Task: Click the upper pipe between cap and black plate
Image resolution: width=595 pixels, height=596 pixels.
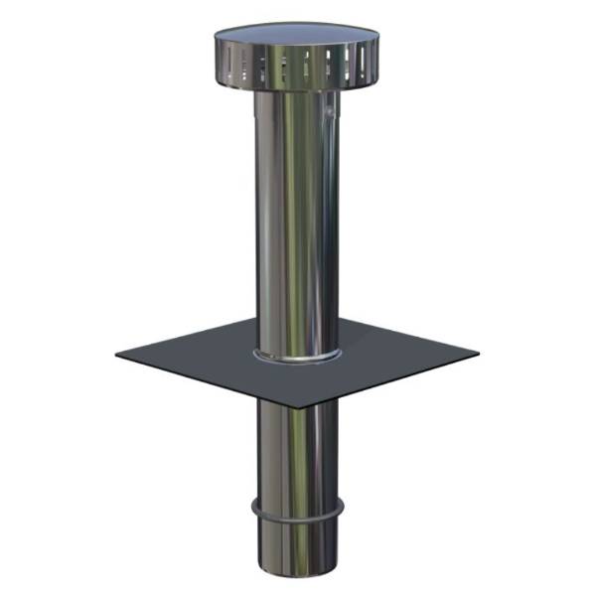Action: pos(297,219)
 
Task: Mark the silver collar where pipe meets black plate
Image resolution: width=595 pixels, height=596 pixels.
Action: pos(297,355)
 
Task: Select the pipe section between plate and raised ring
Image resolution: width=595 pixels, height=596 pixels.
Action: pos(297,447)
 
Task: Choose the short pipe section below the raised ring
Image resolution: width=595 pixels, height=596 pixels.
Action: pos(297,546)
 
